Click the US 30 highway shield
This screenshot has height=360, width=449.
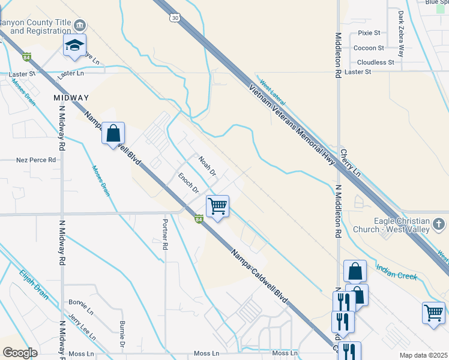coord(175,18)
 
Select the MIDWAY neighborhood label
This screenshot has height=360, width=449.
coord(71,97)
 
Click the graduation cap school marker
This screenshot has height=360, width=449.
coord(75,46)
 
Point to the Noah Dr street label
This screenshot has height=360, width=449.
coord(207,164)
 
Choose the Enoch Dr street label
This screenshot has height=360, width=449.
coord(188,182)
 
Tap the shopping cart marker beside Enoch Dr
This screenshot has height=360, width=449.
coord(217,206)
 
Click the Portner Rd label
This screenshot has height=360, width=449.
coord(164,234)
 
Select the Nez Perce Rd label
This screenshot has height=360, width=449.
coord(36,160)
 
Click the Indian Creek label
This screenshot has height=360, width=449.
coord(397,272)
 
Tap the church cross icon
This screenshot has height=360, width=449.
coord(438,224)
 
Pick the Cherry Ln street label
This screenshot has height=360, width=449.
coord(351,162)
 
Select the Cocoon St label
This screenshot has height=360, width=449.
coord(369,48)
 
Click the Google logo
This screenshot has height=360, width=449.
coord(20,353)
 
